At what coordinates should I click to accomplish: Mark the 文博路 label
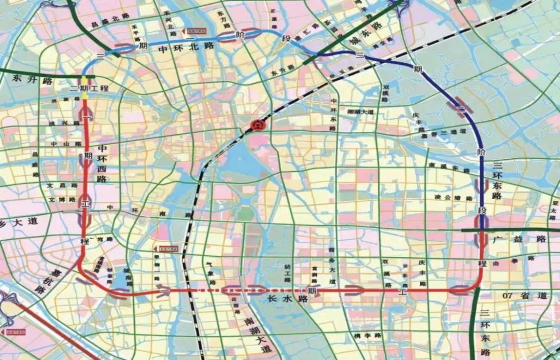point(62,199)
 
